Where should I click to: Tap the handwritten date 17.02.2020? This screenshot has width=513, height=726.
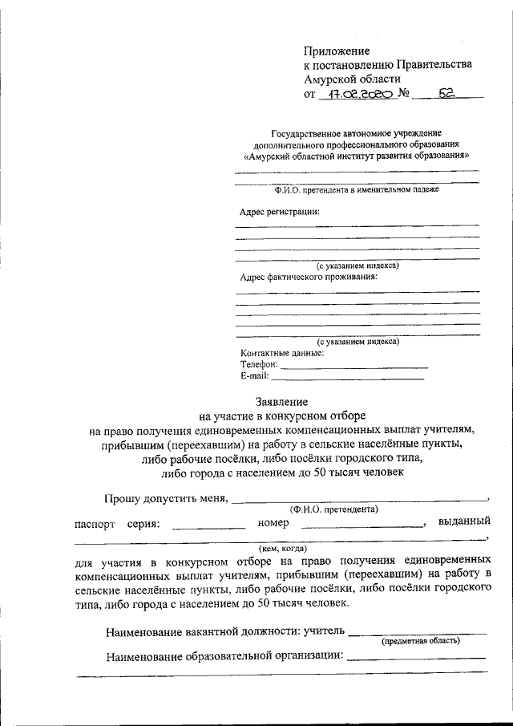click(357, 95)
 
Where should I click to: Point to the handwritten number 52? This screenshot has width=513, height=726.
click(446, 94)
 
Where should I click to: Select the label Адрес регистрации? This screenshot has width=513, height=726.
click(280, 212)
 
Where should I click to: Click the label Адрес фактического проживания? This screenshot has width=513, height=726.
click(309, 277)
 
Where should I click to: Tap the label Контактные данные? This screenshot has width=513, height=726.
click(282, 353)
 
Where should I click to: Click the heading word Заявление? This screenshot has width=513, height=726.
click(281, 400)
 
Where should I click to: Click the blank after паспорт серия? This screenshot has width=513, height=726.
click(208, 525)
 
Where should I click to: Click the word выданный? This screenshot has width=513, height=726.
click(464, 523)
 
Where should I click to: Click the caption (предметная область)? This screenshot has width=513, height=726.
click(420, 641)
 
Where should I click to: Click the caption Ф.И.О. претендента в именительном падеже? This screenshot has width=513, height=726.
click(356, 190)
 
